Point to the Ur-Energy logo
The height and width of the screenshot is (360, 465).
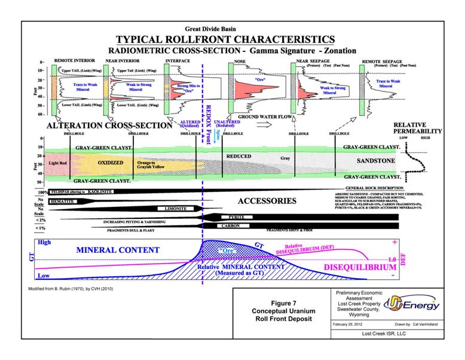tap(412, 304)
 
